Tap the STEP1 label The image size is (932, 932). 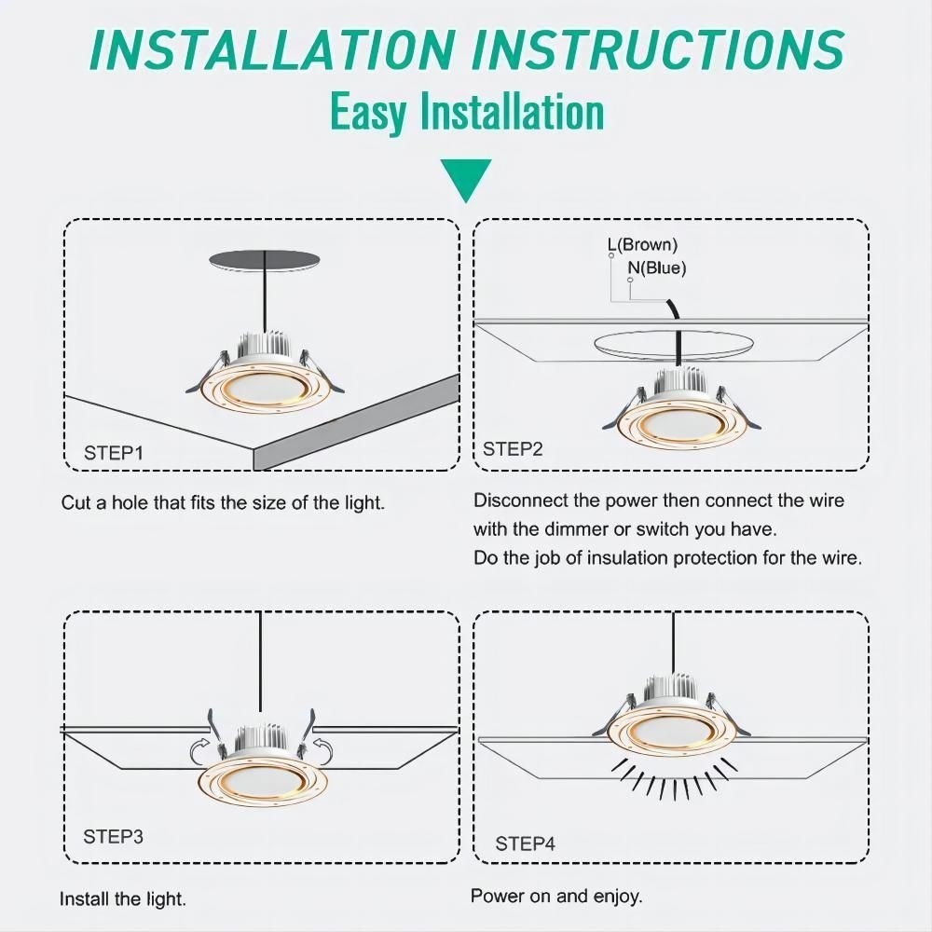coord(114,453)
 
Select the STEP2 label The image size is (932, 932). coord(513,449)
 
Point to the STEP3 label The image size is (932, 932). coord(113,836)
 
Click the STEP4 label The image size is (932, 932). coord(525,843)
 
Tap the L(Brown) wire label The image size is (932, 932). coord(642,244)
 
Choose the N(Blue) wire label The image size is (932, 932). coord(657,268)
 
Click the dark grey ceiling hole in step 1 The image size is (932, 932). coord(265,262)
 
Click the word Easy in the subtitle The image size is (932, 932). coord(367,112)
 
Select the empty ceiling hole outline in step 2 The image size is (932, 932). coord(674,344)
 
